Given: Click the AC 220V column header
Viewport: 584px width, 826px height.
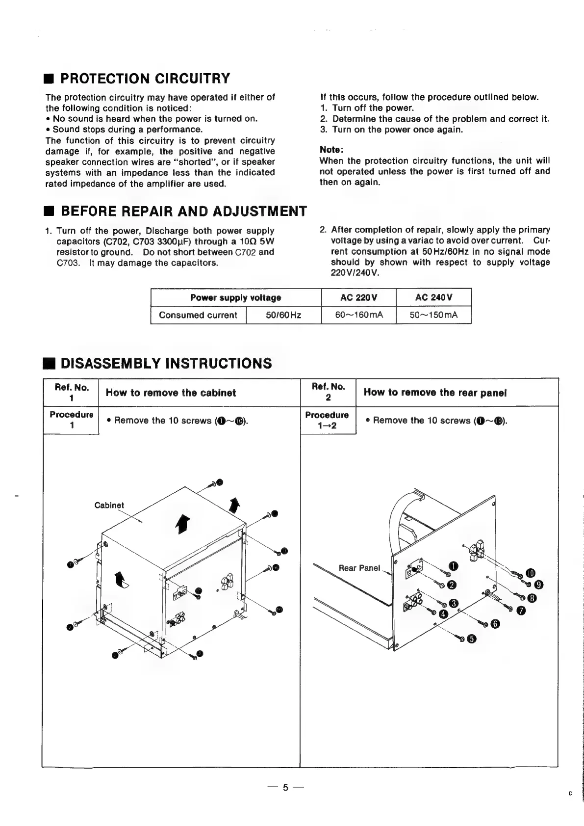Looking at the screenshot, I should tap(358, 297).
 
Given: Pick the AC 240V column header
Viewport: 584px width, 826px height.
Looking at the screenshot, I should tap(433, 297).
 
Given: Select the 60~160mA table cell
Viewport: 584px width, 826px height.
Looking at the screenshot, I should tap(358, 315).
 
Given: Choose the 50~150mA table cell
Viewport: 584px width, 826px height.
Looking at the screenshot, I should tap(433, 315).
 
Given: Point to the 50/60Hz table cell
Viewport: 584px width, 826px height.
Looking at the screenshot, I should tap(283, 315).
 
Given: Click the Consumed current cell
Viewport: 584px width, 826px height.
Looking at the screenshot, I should tap(198, 315).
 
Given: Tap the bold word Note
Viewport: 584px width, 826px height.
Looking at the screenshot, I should tap(331, 149).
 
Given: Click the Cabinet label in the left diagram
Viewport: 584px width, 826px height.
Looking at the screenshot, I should tap(109, 506).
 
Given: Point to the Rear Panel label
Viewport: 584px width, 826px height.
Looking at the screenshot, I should tap(359, 568).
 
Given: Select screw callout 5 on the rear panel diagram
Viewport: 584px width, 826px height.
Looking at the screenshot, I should tap(472, 639).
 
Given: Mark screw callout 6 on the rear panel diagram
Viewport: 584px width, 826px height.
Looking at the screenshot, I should tap(495, 624).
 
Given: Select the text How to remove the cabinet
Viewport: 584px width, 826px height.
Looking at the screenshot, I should tap(171, 393).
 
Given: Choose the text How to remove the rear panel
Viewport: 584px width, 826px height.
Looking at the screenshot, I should tap(435, 393).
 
